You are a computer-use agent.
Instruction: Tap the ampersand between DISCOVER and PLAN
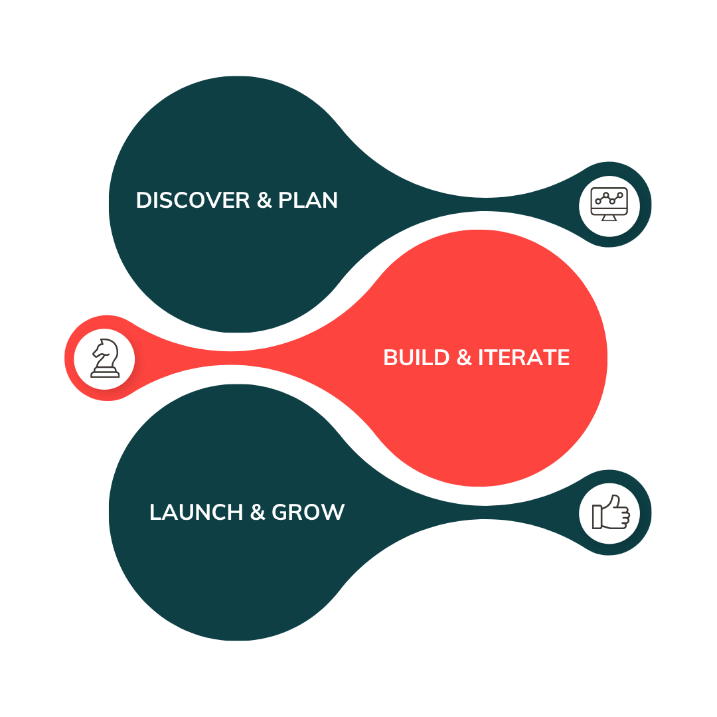264,200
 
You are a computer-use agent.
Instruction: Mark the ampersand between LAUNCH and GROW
257,512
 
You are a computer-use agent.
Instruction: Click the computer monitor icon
609,203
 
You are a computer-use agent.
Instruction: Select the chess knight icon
105,358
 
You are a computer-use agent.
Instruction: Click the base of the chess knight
105,373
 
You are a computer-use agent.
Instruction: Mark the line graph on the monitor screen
609,198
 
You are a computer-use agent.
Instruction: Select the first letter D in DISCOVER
143,200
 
